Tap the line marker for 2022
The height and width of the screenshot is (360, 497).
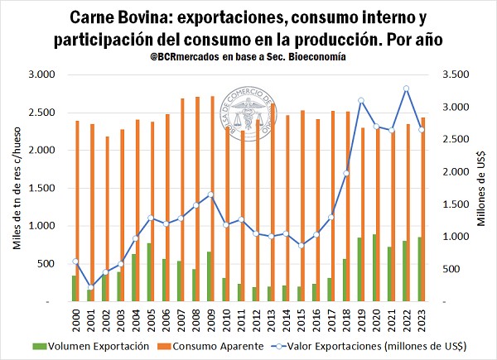407,89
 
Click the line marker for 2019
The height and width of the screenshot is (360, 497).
361,101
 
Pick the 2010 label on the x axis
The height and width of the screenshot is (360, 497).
225,318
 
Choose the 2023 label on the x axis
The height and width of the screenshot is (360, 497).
422,318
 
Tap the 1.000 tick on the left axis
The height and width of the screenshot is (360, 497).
41,226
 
